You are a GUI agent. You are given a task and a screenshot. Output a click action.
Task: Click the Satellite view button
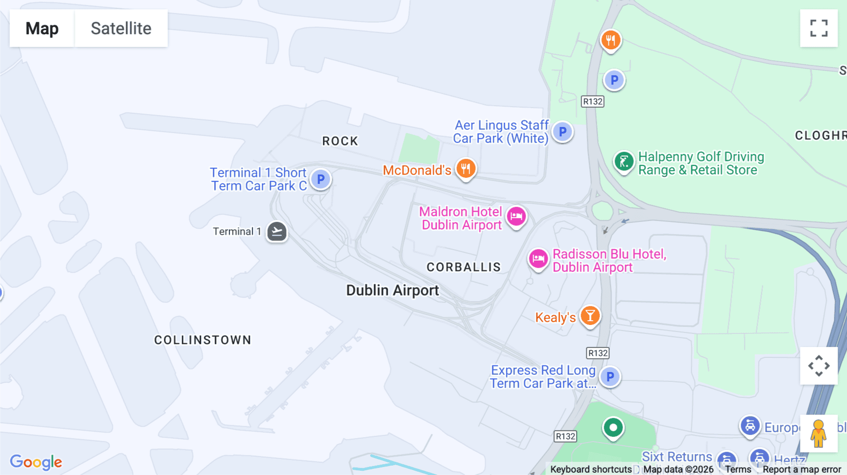point(121,28)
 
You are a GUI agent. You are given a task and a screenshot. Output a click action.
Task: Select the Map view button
point(42,28)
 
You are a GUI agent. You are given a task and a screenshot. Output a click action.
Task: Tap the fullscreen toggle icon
point(819,28)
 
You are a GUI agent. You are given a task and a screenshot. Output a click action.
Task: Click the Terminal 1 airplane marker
point(277,231)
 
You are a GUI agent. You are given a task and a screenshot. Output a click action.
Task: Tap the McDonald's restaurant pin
point(466,168)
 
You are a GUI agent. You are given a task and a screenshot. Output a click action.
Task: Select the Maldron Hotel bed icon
point(516,217)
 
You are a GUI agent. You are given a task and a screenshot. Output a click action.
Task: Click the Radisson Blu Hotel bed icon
point(538,259)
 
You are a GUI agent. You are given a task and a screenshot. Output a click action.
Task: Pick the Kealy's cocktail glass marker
point(590,316)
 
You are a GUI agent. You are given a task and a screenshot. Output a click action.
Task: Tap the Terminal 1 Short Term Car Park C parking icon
point(321,179)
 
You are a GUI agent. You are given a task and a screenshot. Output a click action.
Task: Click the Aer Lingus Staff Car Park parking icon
point(562,132)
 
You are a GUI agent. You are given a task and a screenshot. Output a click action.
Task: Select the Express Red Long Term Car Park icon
point(610,377)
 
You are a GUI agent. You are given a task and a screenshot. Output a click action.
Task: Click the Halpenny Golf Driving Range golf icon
point(624,162)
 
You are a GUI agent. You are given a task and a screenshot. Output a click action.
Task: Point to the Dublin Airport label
point(392,290)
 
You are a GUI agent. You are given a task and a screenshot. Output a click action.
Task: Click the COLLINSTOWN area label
point(203,340)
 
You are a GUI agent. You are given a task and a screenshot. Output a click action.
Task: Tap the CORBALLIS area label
point(463,267)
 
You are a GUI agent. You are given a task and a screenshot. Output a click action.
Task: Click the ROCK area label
point(340,141)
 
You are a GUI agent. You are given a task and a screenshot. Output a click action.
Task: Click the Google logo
point(36,462)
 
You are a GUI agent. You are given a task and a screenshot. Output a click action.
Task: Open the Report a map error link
point(802,469)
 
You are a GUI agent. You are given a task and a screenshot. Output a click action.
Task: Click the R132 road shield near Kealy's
point(598,353)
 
